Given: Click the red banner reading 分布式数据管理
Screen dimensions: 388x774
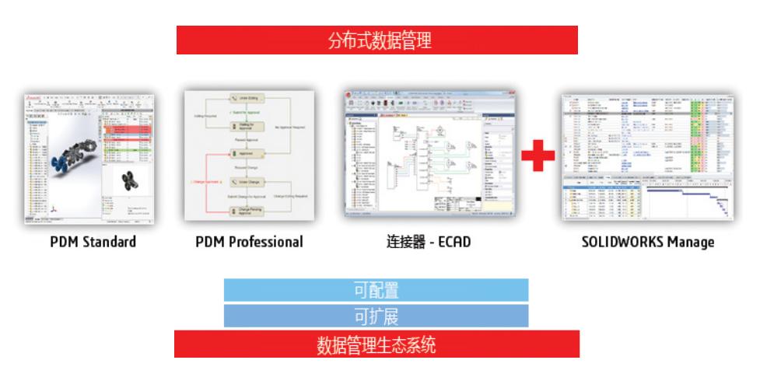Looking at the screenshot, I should pyautogui.click(x=377, y=40).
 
